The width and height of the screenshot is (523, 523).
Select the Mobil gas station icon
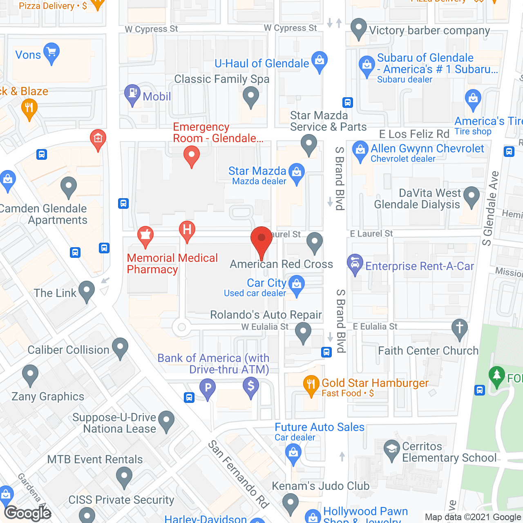132,94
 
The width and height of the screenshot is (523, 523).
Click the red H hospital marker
187,230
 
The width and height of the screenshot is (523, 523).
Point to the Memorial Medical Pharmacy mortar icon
145,235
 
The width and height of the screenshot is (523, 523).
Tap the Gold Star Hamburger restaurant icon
311,384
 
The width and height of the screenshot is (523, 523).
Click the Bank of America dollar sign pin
251,386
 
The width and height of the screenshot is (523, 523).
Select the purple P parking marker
208,387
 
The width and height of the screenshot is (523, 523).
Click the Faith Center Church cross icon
460,328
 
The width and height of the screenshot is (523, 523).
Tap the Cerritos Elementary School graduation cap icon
392,449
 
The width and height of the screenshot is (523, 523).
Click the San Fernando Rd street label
239,474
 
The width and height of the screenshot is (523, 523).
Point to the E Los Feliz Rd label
414,134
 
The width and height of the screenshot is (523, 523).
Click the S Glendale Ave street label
490,208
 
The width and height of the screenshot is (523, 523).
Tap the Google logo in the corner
28,513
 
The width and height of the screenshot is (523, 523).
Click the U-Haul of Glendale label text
261,64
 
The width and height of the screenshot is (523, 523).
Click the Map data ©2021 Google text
473,517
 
